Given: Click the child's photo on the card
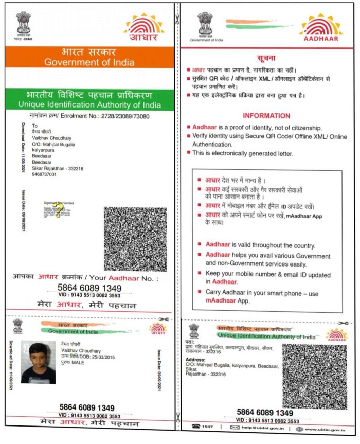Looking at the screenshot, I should click(38, 362).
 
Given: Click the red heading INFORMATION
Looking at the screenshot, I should click(266, 116).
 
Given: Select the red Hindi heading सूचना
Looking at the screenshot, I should click(266, 57).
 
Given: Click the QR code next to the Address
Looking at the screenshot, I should click(314, 377).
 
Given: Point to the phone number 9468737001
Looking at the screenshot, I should click(45, 174).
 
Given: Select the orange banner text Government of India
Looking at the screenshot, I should click(89, 63).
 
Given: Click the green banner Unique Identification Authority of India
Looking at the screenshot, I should click(89, 105).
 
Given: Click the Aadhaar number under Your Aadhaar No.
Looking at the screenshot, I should click(89, 288).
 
